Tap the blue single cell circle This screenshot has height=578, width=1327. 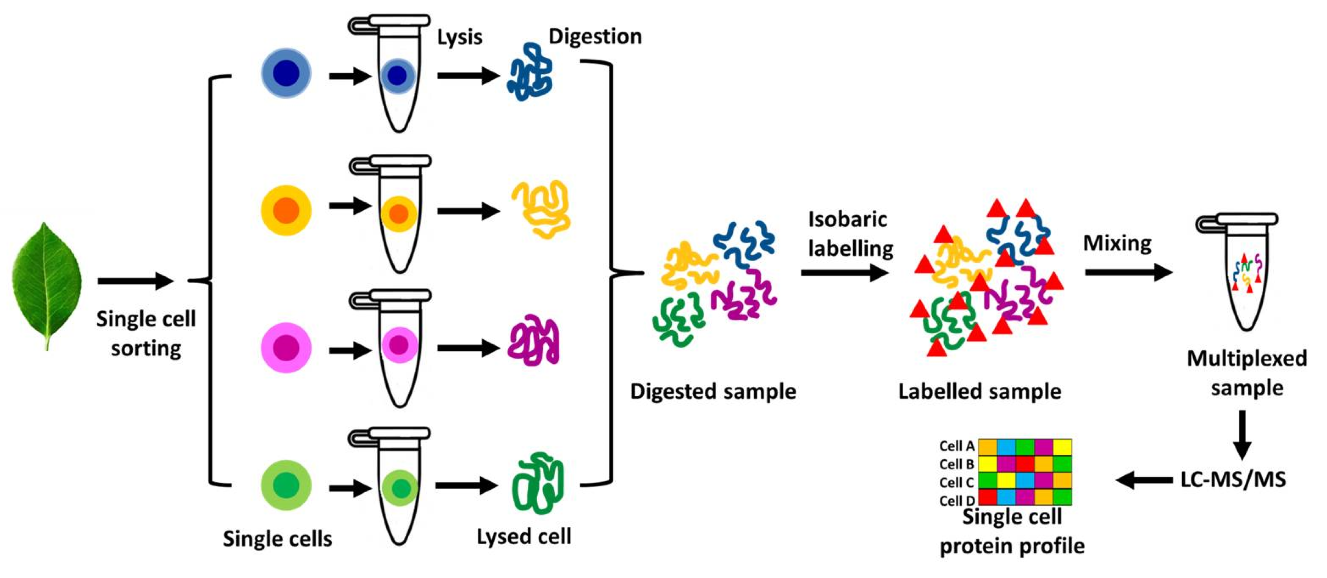pos(286,73)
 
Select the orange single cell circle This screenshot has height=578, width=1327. pos(286,210)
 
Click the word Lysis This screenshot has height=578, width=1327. pos(459,38)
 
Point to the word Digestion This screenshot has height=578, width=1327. pos(595,37)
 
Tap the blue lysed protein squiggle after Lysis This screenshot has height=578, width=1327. pos(530,73)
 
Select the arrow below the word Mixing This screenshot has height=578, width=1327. pos(1128,272)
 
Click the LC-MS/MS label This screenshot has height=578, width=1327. pos(1233,479)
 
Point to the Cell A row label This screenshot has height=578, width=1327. pos(956,446)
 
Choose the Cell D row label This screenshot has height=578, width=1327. pos(957,501)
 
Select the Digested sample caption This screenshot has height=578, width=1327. pos(713,391)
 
